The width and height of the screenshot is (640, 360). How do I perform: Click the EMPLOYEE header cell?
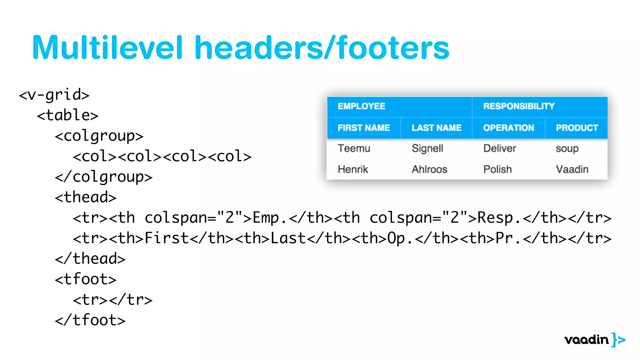[361, 106]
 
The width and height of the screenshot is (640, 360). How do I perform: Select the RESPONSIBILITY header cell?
[519, 106]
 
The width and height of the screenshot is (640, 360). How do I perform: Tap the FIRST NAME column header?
[364, 128]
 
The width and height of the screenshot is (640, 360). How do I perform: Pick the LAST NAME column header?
[436, 128]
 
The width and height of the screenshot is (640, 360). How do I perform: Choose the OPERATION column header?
[508, 128]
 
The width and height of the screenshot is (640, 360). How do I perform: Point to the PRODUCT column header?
[577, 128]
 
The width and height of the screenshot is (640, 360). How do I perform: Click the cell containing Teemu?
[354, 148]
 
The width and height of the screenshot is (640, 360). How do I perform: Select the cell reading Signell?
[427, 148]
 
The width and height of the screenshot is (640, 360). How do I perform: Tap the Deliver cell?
[499, 148]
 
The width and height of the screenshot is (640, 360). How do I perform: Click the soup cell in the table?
[567, 149]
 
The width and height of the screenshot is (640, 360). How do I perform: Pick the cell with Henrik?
[353, 169]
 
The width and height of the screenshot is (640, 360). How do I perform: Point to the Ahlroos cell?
[429, 169]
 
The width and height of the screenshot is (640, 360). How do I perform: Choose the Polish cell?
[497, 169]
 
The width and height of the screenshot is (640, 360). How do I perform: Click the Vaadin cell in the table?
[572, 169]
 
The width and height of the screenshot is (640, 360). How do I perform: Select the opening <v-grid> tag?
[54, 95]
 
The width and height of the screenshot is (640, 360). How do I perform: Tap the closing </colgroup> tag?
[103, 177]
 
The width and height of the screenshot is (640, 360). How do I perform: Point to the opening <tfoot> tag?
[85, 279]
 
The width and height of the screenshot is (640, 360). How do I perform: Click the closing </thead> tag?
[90, 259]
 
